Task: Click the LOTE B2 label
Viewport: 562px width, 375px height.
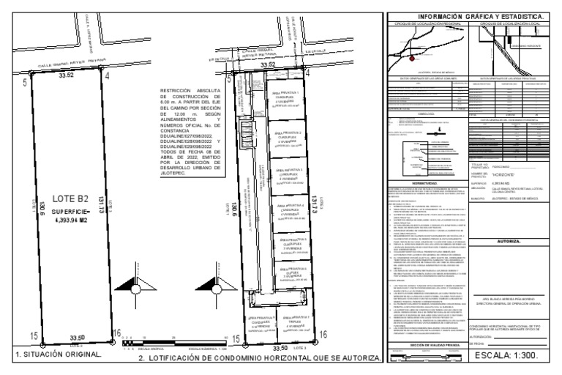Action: pos(65,197)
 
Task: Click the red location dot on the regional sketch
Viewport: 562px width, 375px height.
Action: pos(412,58)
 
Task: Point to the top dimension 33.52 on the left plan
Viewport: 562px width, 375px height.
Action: pos(67,75)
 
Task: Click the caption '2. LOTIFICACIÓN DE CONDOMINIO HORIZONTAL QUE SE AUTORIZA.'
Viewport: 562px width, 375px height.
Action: pos(259,360)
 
